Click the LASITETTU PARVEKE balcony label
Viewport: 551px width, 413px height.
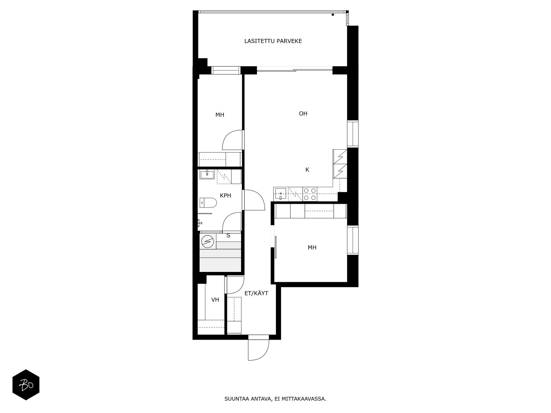pos(273,41)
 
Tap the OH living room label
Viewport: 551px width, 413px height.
pos(303,114)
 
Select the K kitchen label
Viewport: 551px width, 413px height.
pos(307,170)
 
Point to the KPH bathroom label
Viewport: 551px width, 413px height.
pos(225,195)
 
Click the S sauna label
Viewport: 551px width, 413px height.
pos(228,235)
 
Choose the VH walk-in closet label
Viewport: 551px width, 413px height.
pos(215,300)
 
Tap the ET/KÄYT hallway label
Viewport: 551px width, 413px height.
pos(256,293)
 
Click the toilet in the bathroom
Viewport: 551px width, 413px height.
pos(208,203)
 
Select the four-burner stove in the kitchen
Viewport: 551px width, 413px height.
pos(310,194)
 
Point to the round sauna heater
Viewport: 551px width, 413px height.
pos(208,242)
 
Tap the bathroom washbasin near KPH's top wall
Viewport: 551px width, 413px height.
pos(207,174)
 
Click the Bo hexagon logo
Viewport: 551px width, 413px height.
pos(26,385)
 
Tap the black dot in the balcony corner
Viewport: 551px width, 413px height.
pos(333,15)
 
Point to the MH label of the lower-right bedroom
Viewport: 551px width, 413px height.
pos(312,247)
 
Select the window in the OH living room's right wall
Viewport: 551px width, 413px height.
pos(352,134)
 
